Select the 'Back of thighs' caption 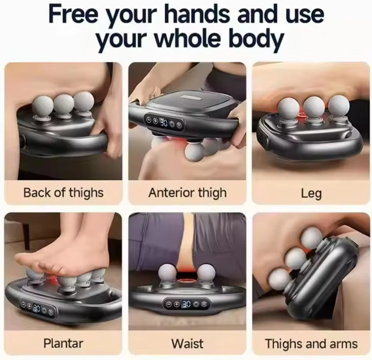(x=63, y=193)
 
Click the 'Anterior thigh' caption (x=187, y=193)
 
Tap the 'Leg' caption (x=311, y=194)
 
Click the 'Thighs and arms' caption (x=311, y=343)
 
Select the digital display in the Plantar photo (x=37, y=308)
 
